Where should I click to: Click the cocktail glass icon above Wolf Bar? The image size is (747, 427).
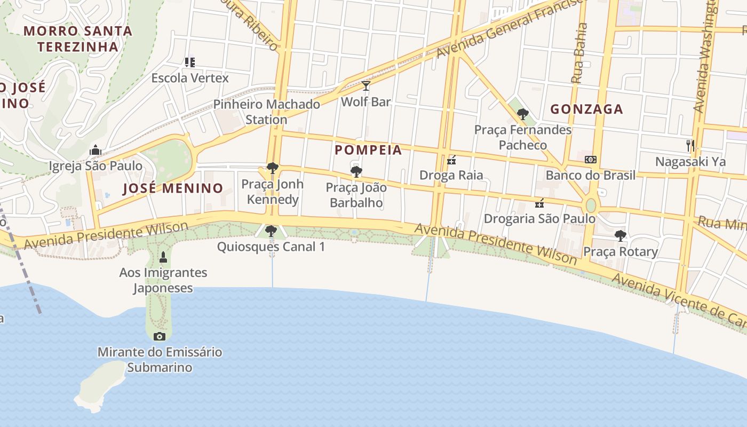[365, 85]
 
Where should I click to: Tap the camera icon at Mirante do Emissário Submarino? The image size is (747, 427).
[159, 336]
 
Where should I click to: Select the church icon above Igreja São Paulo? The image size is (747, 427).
[96, 150]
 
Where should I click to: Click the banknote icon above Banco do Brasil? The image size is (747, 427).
[590, 160]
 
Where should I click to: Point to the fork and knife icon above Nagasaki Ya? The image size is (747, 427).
[690, 145]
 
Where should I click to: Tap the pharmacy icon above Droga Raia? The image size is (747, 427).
[451, 160]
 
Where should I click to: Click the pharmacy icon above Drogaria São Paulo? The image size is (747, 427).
[539, 203]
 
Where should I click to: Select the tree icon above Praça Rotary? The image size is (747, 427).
[620, 235]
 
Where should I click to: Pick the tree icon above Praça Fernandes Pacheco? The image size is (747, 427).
[523, 114]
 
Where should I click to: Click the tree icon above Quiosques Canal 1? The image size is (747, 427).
[271, 231]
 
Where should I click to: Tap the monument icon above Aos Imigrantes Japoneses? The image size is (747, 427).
[163, 257]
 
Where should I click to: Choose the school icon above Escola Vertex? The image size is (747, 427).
[190, 62]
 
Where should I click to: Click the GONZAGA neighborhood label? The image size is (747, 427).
[586, 109]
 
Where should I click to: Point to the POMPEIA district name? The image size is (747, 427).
[368, 150]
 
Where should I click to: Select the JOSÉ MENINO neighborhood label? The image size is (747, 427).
[173, 188]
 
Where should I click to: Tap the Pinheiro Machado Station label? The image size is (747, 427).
[267, 112]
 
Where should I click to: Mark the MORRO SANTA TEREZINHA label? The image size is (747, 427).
[78, 38]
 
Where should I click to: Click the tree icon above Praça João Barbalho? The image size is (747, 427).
[356, 172]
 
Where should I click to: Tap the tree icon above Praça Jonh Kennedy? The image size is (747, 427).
[273, 169]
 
